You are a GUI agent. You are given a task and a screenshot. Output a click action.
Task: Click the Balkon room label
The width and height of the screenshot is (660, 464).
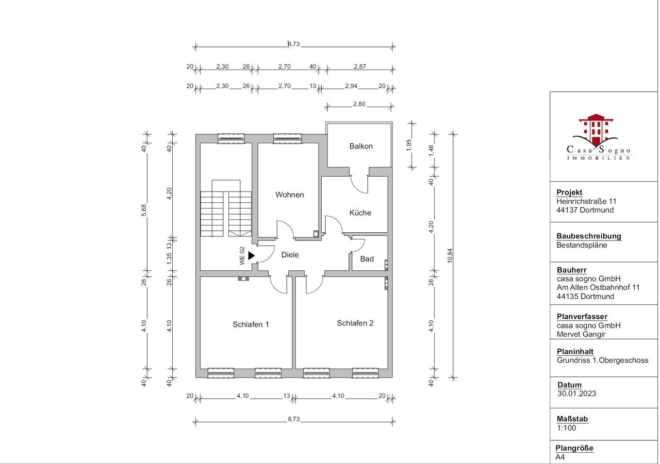tap(361, 146)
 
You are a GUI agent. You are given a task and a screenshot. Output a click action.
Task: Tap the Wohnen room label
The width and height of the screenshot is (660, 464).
tap(289, 195)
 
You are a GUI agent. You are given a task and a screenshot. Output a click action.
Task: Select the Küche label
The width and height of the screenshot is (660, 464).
tap(360, 213)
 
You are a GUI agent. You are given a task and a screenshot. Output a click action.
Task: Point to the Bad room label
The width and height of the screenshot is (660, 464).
tap(367, 259)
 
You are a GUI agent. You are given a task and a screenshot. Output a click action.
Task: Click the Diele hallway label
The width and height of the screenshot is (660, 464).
tap(290, 254)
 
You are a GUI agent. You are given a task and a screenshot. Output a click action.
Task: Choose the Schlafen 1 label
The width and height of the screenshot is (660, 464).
tap(251, 324)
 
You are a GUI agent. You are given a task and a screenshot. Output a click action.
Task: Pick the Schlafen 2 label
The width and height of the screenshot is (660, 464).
tap(355, 323)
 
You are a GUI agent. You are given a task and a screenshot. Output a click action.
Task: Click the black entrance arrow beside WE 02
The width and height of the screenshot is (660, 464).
tap(251, 255)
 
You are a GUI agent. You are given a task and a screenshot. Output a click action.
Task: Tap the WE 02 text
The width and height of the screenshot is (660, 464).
tap(242, 255)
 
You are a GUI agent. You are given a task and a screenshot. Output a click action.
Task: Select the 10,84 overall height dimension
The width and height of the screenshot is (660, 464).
tap(450, 255)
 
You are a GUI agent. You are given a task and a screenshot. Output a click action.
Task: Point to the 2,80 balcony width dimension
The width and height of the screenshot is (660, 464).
tap(359, 104)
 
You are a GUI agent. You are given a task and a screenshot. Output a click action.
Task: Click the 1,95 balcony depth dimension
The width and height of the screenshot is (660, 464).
tap(409, 145)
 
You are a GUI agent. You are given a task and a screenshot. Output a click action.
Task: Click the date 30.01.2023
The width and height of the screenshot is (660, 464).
tap(576, 393)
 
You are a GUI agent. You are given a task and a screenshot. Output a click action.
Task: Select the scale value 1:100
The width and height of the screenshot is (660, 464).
tap(566, 427)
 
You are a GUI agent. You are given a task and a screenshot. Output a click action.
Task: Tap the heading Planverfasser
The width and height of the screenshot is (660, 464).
tap(582, 317)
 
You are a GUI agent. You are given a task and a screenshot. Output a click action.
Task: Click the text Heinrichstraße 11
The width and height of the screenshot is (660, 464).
tap(586, 201)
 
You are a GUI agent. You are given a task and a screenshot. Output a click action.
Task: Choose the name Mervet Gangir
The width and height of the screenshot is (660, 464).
tap(581, 334)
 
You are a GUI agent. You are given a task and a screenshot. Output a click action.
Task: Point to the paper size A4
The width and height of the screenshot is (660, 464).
tap(560, 457)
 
